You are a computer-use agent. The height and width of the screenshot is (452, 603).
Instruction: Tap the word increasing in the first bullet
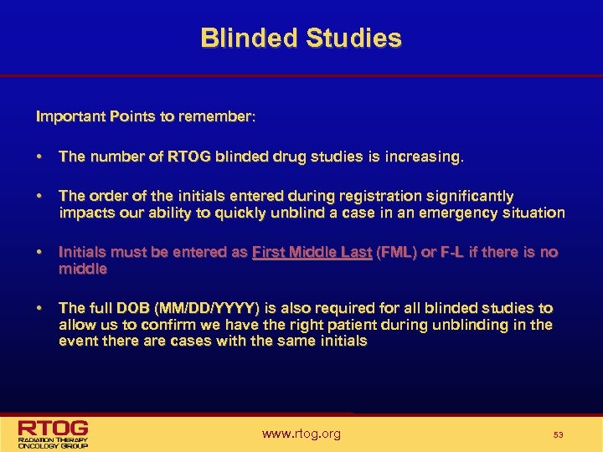(425, 157)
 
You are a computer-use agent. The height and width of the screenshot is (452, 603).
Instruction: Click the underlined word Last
(356, 252)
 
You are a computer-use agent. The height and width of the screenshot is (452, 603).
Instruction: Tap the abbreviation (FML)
(399, 252)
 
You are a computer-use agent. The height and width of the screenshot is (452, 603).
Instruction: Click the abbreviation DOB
(136, 308)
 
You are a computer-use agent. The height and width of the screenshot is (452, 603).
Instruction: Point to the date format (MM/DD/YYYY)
(214, 308)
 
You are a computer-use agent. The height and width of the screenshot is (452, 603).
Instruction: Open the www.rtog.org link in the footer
(301, 434)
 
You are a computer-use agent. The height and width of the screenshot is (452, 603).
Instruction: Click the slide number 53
(558, 434)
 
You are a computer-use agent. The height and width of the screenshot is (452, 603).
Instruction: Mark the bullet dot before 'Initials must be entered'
(39, 252)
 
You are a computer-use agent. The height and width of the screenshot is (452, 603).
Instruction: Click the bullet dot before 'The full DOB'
(39, 308)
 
